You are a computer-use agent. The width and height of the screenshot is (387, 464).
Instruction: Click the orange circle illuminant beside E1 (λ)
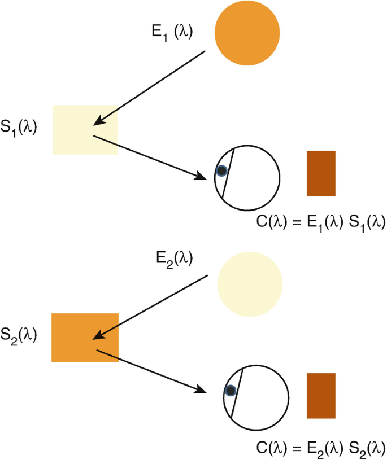click(247, 33)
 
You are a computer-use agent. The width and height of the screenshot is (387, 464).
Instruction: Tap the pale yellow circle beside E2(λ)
click(250, 283)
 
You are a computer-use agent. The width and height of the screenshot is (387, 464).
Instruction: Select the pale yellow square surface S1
click(85, 130)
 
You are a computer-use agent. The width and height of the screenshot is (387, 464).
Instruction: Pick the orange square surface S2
click(85, 337)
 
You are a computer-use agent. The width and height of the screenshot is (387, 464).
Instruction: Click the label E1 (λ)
click(171, 32)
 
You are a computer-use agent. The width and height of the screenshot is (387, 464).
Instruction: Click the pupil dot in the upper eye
click(221, 170)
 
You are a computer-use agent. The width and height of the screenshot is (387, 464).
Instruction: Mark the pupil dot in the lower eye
click(230, 391)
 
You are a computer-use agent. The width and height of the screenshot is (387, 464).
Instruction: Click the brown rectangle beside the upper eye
click(321, 173)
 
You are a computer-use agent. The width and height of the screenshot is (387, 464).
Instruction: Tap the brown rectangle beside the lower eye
click(321, 396)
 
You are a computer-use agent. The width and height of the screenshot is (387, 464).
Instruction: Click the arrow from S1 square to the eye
click(149, 157)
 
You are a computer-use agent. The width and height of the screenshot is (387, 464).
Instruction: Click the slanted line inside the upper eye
click(228, 173)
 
